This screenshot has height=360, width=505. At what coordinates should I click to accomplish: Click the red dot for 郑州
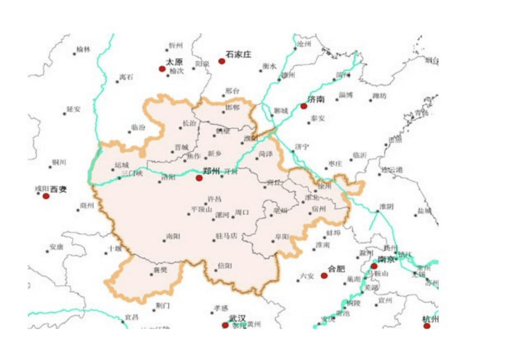199,178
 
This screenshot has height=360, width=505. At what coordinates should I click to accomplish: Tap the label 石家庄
238,55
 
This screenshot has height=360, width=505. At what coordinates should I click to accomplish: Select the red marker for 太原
162,69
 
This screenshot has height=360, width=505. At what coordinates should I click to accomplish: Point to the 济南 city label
316,99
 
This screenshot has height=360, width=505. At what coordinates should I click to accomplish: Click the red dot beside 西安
46,196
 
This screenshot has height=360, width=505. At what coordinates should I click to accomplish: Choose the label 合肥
336,269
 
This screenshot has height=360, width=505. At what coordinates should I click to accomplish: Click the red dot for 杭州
427,326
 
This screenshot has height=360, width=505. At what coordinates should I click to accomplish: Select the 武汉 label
237,318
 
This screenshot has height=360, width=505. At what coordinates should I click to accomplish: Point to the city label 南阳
173,237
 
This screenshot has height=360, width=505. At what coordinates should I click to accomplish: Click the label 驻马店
226,236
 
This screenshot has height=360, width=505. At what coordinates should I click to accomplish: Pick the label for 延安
73,109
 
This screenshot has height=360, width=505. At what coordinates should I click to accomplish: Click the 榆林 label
83,50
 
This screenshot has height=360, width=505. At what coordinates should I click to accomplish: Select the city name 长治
189,123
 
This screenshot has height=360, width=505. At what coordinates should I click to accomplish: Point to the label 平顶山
202,209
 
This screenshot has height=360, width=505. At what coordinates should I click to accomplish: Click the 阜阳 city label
282,237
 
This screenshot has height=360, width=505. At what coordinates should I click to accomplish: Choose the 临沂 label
360,155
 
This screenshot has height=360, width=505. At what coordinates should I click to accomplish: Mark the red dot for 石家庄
222,61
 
